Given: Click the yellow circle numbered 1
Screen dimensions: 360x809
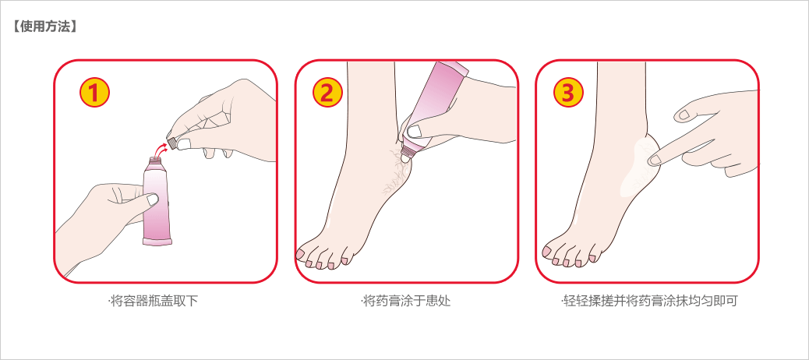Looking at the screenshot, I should coord(94,94).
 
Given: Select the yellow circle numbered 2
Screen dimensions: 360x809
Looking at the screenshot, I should coord(327,94).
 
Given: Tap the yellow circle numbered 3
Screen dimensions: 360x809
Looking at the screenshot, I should coord(567,94).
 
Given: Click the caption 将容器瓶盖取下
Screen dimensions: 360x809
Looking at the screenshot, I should coord(153,301).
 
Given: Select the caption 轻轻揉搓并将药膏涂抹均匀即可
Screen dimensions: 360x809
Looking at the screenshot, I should coord(648,301).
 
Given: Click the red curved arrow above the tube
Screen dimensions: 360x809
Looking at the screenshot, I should coord(161,145).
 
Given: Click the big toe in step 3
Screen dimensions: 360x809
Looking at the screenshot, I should coord(547,251).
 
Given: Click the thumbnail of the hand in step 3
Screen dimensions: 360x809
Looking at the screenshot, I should coord(684,115).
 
